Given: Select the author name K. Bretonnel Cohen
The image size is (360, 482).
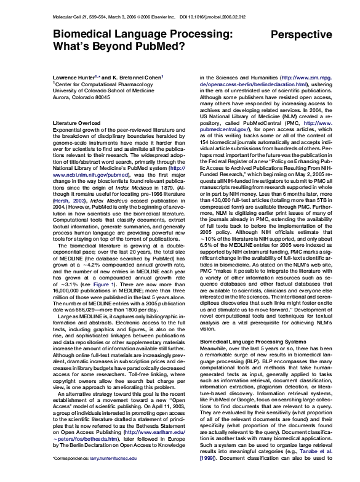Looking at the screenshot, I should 138,77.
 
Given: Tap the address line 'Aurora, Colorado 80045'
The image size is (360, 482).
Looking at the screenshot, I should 82,97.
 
